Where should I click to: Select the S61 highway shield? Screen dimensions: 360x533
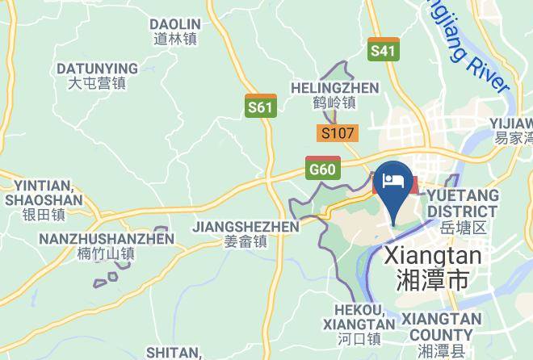[x=260, y=106]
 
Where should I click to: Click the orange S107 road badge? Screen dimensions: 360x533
[x=338, y=134]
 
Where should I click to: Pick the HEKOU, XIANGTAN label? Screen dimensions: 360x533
[x=359, y=316]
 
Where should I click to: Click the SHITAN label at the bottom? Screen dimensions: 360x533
[x=174, y=352]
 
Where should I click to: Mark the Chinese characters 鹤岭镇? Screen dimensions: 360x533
[x=334, y=103]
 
